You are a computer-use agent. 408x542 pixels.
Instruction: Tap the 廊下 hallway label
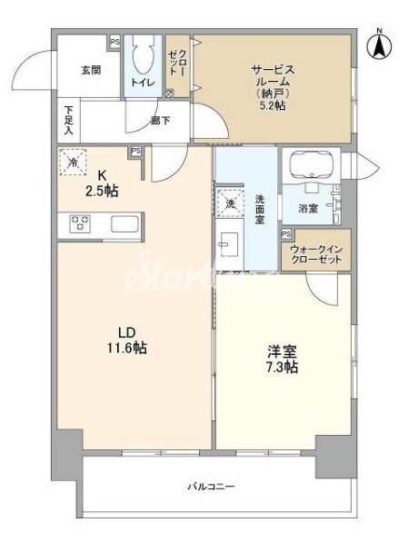[x=161, y=120]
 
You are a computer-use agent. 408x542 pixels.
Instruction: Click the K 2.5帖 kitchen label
[x=101, y=183]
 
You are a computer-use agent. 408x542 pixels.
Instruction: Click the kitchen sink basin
[x=124, y=223]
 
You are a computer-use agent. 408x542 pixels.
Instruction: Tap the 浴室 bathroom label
[x=308, y=208]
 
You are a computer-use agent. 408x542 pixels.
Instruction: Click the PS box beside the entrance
[x=114, y=42]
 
